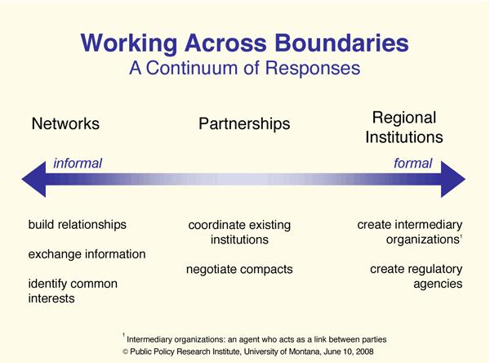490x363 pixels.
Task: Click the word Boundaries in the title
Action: pyautogui.click(x=341, y=43)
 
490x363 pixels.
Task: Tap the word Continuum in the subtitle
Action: pyautogui.click(x=192, y=68)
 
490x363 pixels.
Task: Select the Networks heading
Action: pyautogui.click(x=65, y=123)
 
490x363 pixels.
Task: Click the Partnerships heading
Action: pyautogui.click(x=244, y=124)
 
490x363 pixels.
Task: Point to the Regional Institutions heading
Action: pyautogui.click(x=404, y=128)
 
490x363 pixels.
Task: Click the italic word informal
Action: pyautogui.click(x=78, y=164)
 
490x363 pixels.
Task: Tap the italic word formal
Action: pyautogui.click(x=412, y=164)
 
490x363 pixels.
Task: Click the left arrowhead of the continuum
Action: pyautogui.click(x=33, y=179)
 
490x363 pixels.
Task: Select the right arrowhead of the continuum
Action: pyautogui.click(x=453, y=179)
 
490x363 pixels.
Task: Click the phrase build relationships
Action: pyautogui.click(x=78, y=225)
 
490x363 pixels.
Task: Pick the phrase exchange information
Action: pyautogui.click(x=87, y=254)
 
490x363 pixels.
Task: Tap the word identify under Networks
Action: pyautogui.click(x=48, y=285)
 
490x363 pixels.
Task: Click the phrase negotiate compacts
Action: pyautogui.click(x=239, y=270)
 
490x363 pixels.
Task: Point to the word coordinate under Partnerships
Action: pyautogui.click(x=215, y=225)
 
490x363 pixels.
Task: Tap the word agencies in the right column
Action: pyautogui.click(x=438, y=285)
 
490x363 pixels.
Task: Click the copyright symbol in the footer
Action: pyautogui.click(x=125, y=352)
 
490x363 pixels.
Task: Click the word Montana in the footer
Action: pyautogui.click(x=305, y=352)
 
